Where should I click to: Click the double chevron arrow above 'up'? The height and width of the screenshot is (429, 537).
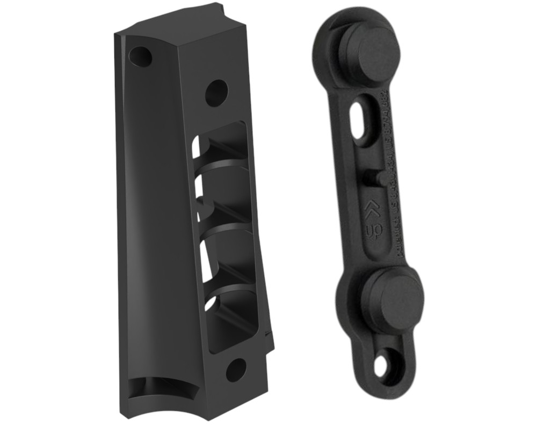click(x=370, y=209)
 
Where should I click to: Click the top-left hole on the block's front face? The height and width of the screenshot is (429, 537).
click(x=141, y=55)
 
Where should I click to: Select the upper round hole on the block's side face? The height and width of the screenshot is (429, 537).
click(x=216, y=93)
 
